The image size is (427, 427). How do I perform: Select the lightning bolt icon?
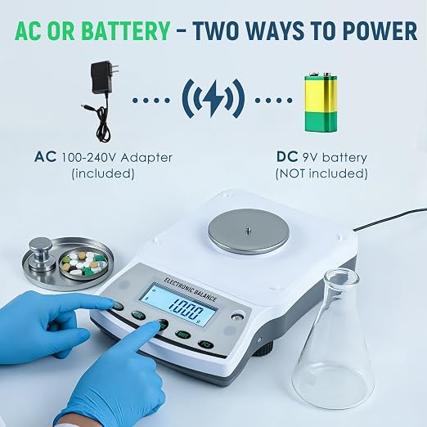click(213, 98)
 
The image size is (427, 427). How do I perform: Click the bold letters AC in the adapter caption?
click(46, 157)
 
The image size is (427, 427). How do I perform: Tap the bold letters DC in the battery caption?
click(287, 157)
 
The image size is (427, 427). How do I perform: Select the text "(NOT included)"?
click(321, 173)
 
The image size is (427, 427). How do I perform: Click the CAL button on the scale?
click(138, 315)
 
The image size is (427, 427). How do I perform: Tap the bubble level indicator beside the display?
click(237, 317)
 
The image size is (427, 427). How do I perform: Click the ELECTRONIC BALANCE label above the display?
click(191, 289)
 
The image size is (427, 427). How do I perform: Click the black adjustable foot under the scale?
click(263, 349)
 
